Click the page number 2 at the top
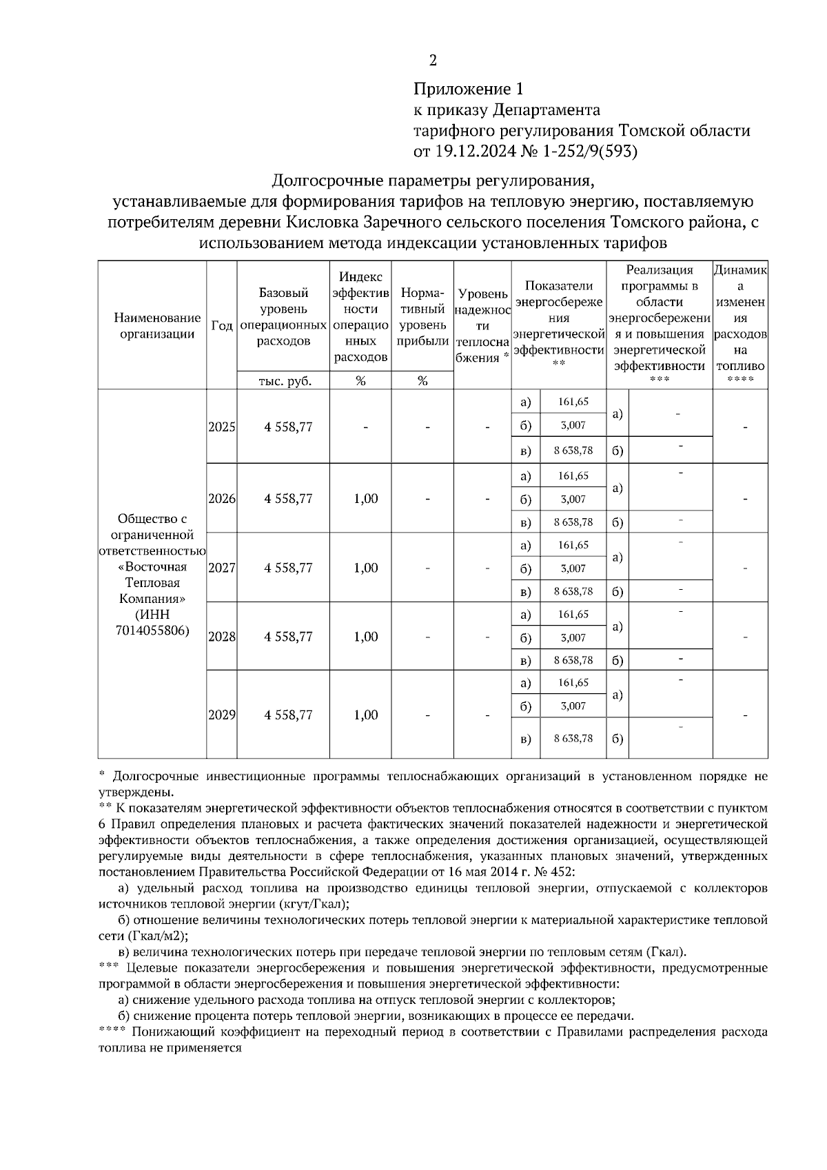click(433, 61)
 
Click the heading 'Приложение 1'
click(469, 89)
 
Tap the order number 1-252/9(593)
click(591, 151)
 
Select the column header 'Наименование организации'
click(157, 326)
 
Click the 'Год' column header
click(222, 325)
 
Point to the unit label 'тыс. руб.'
click(284, 381)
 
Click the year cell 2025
click(222, 427)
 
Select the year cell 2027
click(222, 568)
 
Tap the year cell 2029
click(222, 715)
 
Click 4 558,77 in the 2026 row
click(288, 499)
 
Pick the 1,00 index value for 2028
click(366, 637)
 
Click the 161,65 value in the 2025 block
click(573, 402)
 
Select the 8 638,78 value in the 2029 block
click(573, 739)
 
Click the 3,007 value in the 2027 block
click(573, 568)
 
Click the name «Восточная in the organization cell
click(153, 567)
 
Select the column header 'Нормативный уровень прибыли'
click(422, 317)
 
